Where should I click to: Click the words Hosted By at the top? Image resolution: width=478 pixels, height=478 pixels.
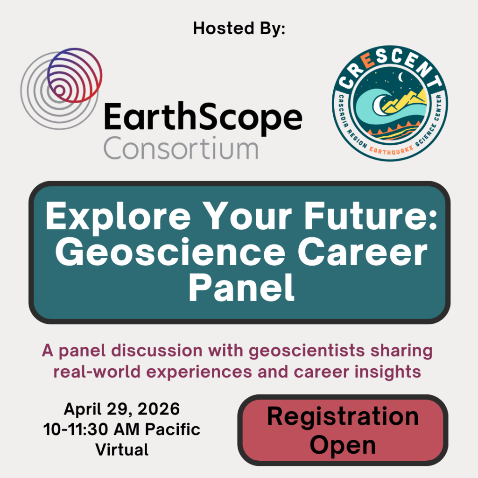(x=239, y=29)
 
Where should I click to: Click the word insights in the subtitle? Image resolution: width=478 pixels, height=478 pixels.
(x=391, y=372)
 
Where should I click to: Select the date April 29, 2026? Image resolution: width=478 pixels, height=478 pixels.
(x=122, y=409)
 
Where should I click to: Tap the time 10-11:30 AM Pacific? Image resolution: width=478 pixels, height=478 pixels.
(x=122, y=429)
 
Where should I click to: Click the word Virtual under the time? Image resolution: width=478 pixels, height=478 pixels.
(x=122, y=449)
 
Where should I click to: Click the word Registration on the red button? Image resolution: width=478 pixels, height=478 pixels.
(x=343, y=416)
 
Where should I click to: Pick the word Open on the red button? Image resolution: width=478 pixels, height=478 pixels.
(x=343, y=444)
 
